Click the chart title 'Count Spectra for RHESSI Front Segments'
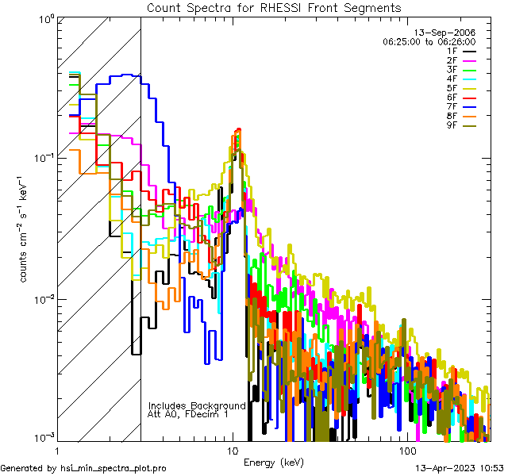coord(274,8)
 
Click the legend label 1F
coord(452,50)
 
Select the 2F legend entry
coord(452,60)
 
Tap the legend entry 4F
coord(452,79)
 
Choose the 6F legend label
coord(452,98)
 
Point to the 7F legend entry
coord(452,108)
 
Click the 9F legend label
coord(452,127)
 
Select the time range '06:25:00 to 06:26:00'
coord(429,40)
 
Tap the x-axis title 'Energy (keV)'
coord(273,462)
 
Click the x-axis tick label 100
coord(408,451)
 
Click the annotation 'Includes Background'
coord(197,405)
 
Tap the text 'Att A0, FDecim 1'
coord(188,414)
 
